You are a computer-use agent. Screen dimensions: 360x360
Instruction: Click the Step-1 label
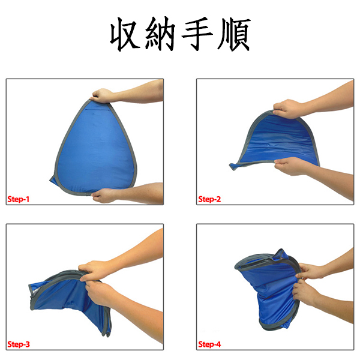point(19,199)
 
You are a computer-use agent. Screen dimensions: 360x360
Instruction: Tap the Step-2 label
point(209,199)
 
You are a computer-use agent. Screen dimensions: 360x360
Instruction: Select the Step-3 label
point(19,344)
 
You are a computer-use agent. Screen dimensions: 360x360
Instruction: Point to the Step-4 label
point(209,344)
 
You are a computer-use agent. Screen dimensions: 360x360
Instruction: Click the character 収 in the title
point(125,34)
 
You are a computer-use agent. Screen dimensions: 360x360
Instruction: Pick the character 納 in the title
point(160,34)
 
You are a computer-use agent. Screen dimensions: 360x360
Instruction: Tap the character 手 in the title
point(197,34)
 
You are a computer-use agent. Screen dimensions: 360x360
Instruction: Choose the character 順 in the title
point(234,34)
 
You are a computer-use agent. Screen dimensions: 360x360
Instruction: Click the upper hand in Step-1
point(103,96)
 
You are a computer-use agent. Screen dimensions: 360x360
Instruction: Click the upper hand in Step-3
point(94,271)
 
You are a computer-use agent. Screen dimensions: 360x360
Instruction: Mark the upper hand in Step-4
point(310,272)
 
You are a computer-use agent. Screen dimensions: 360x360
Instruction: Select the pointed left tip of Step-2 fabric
point(230,165)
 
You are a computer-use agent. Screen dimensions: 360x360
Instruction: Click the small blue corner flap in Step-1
point(53,180)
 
